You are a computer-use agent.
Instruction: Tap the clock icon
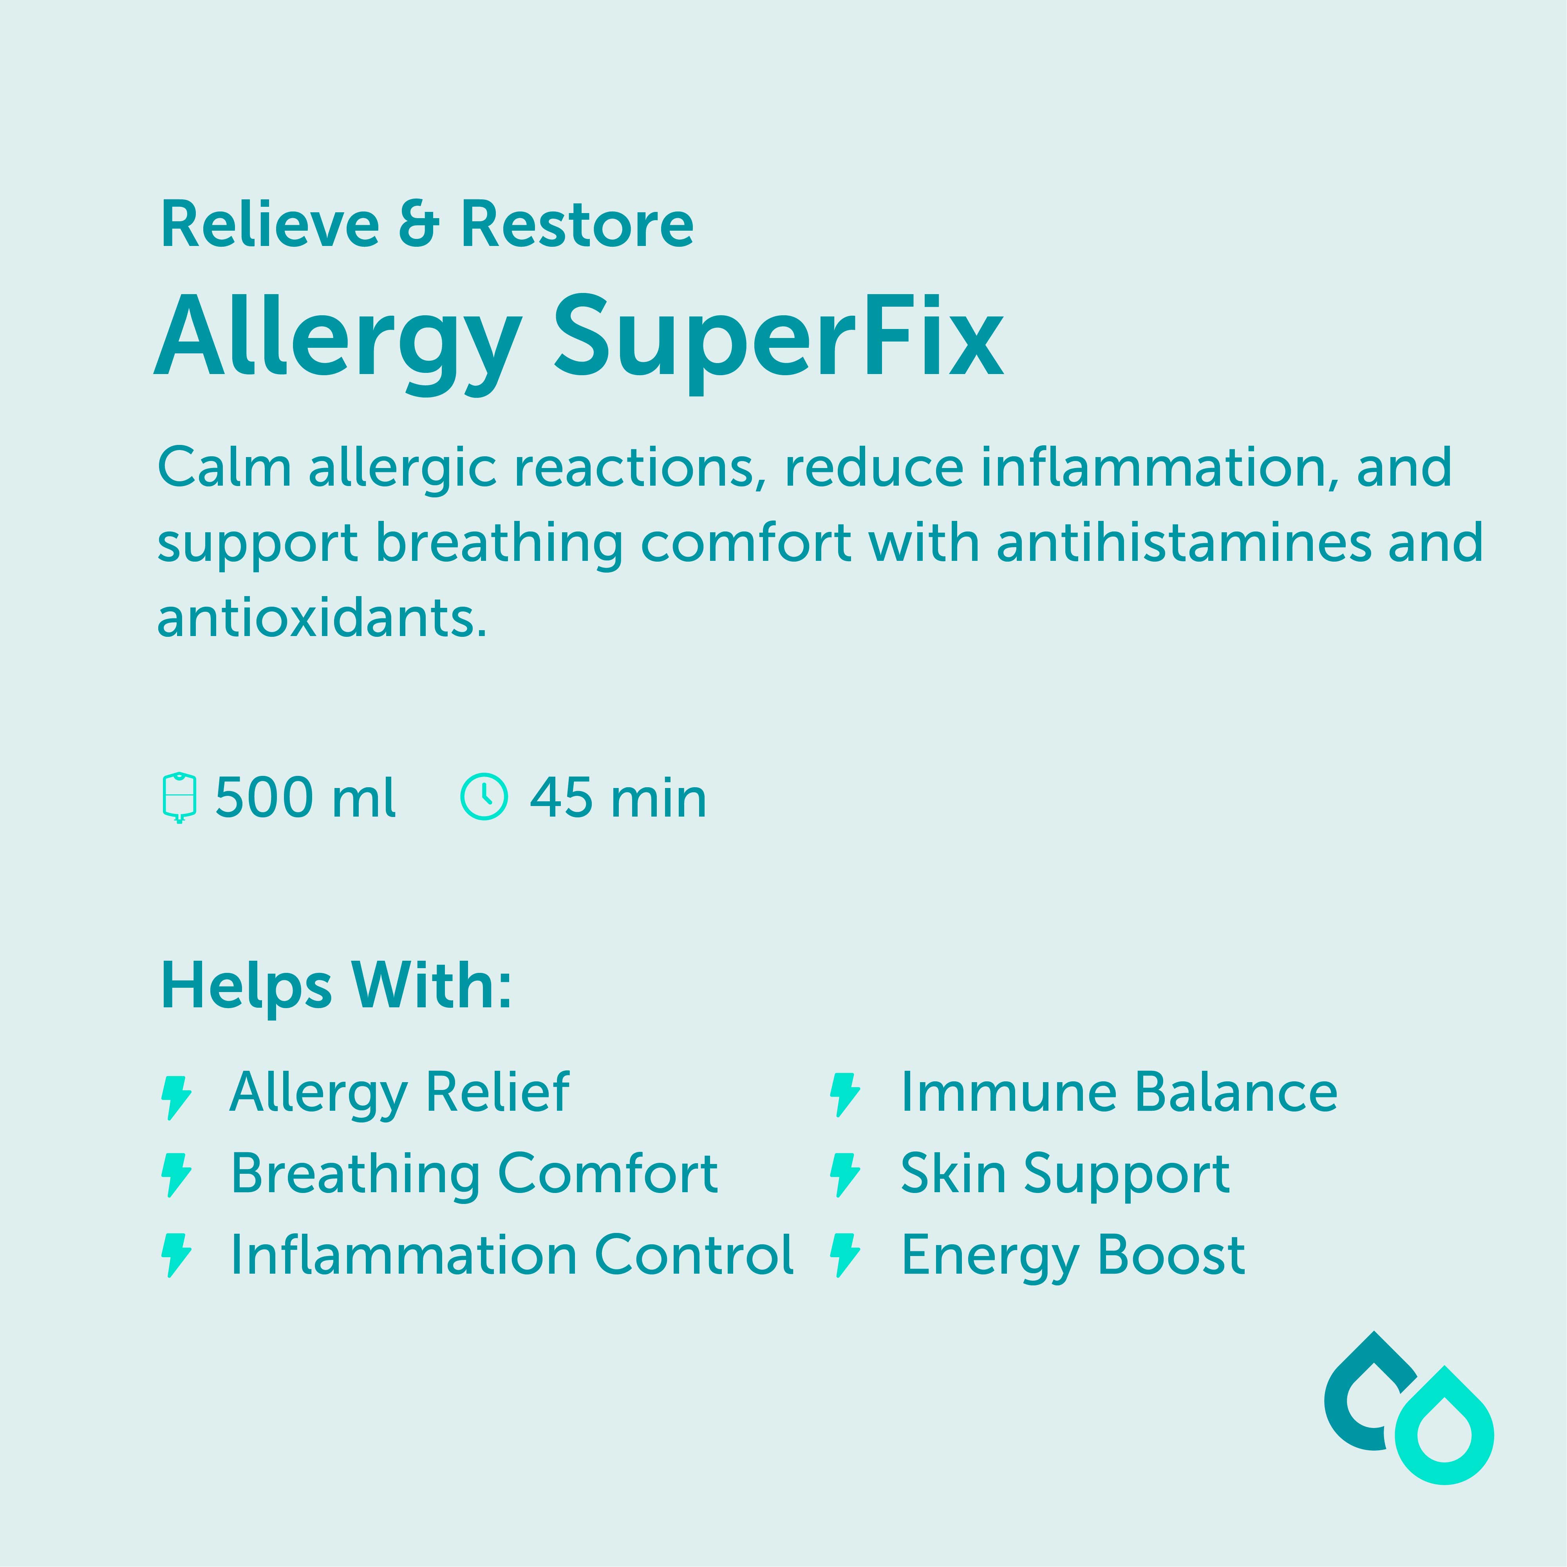pos(484,797)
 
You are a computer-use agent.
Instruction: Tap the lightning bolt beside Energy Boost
pos(844,1255)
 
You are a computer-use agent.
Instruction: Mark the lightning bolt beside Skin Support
pos(844,1175)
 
